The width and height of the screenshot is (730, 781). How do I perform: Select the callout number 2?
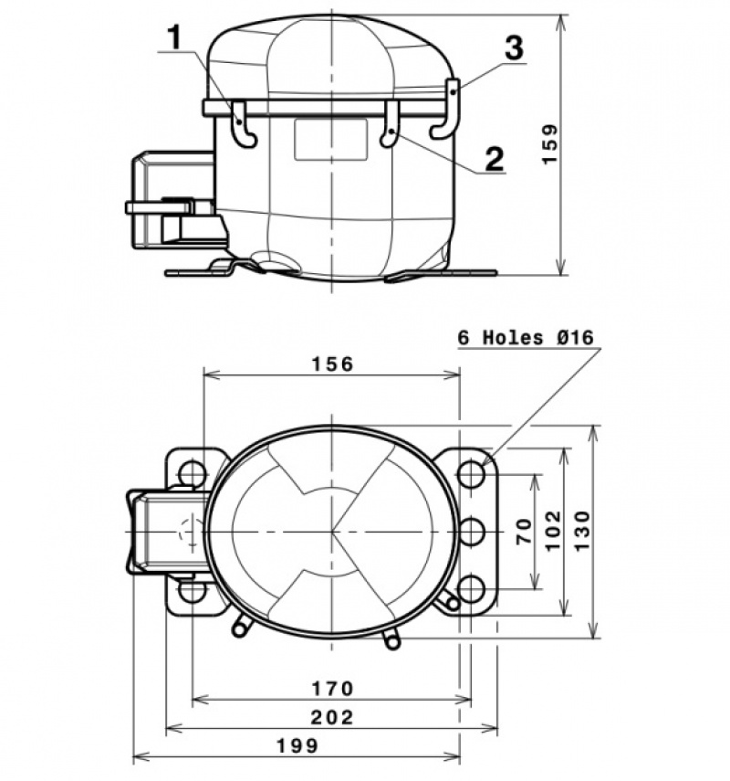click(x=495, y=158)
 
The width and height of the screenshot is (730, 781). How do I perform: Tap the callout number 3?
click(x=514, y=47)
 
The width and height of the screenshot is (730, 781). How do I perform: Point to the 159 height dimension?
click(x=550, y=144)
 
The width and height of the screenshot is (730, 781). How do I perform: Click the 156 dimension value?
click(x=332, y=364)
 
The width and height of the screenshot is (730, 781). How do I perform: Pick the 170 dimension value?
click(x=332, y=689)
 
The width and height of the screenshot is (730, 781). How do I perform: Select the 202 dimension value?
click(x=332, y=717)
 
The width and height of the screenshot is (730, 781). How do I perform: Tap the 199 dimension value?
click(x=297, y=745)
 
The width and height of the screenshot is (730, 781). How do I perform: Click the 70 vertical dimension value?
click(x=524, y=531)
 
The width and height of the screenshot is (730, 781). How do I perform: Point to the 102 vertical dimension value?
click(x=553, y=530)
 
